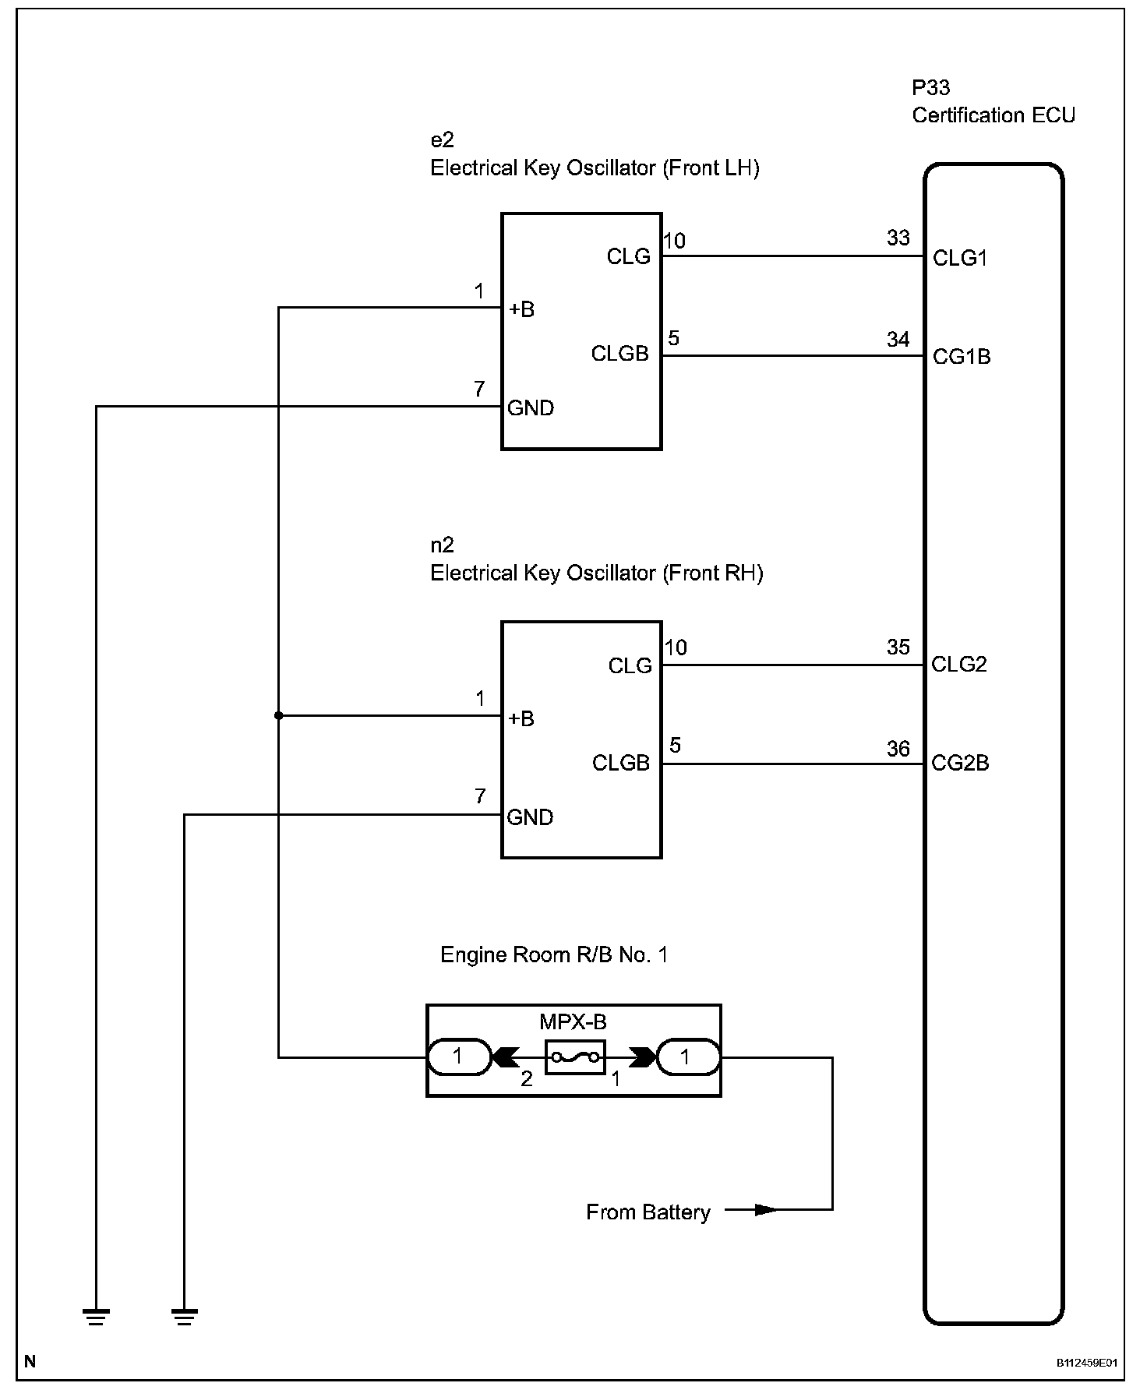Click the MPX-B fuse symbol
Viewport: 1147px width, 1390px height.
pyautogui.click(x=576, y=1057)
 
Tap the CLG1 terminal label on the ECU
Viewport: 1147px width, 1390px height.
pyautogui.click(x=960, y=258)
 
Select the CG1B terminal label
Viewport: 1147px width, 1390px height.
pyautogui.click(x=962, y=357)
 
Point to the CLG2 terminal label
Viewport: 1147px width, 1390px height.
pyautogui.click(x=959, y=664)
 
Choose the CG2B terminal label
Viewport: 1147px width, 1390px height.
pyautogui.click(x=960, y=763)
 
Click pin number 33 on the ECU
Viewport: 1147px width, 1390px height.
pyautogui.click(x=898, y=238)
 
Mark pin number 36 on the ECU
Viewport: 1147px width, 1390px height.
pyautogui.click(x=898, y=749)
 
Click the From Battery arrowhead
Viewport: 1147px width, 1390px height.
pyautogui.click(x=767, y=1210)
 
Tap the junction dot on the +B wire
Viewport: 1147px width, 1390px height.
pyautogui.click(x=278, y=715)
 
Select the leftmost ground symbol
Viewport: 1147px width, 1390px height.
pyautogui.click(x=96, y=1317)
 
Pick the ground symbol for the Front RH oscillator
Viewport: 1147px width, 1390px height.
pyautogui.click(x=184, y=1317)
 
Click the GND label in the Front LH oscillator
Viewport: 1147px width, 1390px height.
pyautogui.click(x=531, y=407)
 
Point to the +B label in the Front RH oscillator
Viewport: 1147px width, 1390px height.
pyautogui.click(x=521, y=718)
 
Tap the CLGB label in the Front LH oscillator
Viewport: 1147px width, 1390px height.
pyautogui.click(x=620, y=354)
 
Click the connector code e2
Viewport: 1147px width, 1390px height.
pyautogui.click(x=442, y=140)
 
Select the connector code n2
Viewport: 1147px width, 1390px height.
pyautogui.click(x=442, y=545)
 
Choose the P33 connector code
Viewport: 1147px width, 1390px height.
pyautogui.click(x=931, y=87)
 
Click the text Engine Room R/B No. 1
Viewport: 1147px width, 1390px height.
pyautogui.click(x=554, y=954)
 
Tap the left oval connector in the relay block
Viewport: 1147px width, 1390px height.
pyautogui.click(x=459, y=1057)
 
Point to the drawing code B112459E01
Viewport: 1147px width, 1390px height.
pyautogui.click(x=1087, y=1364)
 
